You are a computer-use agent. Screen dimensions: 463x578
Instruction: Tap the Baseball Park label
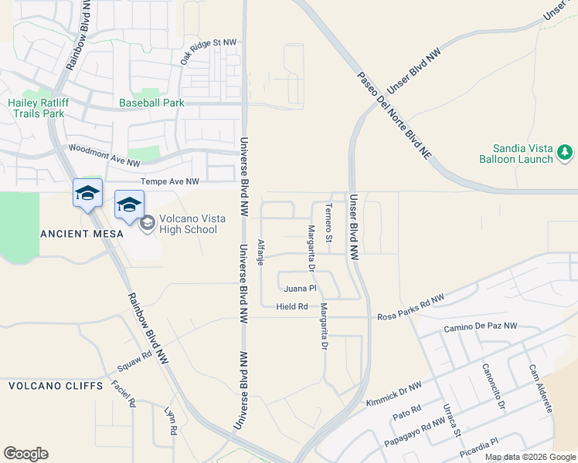(x=151, y=103)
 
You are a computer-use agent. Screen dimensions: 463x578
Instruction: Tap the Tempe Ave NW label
(x=170, y=181)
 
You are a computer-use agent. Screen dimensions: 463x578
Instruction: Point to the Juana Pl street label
(x=301, y=289)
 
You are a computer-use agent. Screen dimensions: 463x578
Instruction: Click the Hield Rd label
(x=292, y=306)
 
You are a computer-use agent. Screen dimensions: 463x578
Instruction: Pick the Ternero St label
(x=328, y=223)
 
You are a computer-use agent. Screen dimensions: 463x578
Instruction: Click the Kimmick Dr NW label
(x=393, y=392)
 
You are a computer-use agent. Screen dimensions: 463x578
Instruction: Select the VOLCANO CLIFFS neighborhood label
(x=56, y=385)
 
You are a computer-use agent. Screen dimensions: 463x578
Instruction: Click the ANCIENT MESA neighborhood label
(x=70, y=233)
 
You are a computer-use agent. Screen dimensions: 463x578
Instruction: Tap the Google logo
(x=25, y=454)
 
